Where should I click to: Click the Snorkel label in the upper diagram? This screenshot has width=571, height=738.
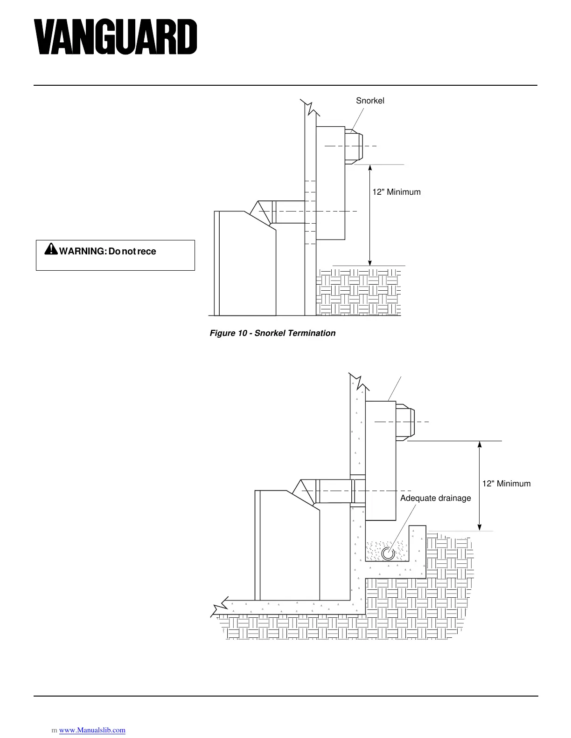click(370, 101)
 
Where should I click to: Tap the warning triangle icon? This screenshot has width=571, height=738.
click(50, 250)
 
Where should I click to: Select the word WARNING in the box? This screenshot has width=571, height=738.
click(81, 252)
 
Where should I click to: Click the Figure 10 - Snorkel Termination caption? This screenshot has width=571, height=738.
click(272, 333)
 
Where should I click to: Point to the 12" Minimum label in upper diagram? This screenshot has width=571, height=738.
click(396, 192)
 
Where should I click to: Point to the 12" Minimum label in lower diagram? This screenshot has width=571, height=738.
click(506, 484)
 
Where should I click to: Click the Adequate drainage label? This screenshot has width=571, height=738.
click(436, 498)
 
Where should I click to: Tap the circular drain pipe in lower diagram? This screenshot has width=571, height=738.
click(387, 553)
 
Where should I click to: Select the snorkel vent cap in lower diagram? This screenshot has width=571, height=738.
click(404, 421)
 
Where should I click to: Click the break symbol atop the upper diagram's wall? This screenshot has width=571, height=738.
click(310, 107)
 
